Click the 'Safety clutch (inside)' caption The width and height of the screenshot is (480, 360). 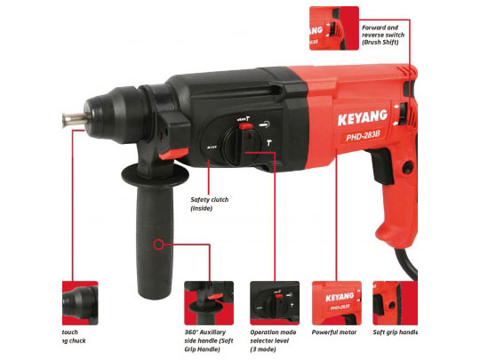[209, 204]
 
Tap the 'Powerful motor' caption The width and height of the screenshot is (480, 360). [333, 332]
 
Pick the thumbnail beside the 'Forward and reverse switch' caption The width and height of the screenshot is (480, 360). [333, 29]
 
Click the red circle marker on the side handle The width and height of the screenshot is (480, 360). [158, 243]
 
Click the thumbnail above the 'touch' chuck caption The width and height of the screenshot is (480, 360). [79, 302]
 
